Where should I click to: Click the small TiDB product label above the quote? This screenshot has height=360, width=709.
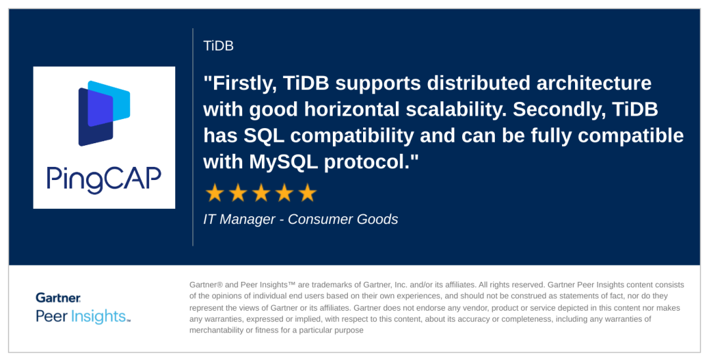pyautogui.click(x=219, y=46)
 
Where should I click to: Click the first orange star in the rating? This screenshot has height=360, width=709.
pyautogui.click(x=214, y=192)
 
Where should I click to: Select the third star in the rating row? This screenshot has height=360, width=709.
pyautogui.click(x=261, y=192)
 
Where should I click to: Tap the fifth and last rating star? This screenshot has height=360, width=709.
pyautogui.click(x=307, y=192)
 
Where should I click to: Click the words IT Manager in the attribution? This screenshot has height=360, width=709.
pyautogui.click(x=239, y=219)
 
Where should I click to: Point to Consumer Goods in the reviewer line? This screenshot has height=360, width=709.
pyautogui.click(x=343, y=219)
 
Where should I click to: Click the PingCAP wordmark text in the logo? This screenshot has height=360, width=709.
pyautogui.click(x=104, y=179)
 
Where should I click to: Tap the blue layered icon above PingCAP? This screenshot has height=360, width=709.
pyautogui.click(x=104, y=113)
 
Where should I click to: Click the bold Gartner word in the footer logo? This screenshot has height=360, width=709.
pyautogui.click(x=58, y=298)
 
